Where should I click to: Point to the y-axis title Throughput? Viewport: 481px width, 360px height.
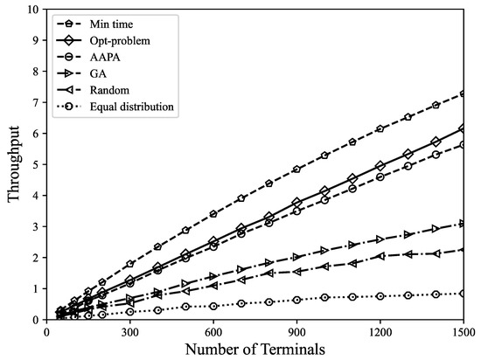coord(14,164)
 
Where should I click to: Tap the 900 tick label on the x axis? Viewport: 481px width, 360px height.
coord(296,332)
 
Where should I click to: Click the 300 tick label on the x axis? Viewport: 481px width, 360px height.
coord(129,332)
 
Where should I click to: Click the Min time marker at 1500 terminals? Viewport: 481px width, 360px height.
coord(464,93)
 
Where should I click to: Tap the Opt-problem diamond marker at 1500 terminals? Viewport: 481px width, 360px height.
coord(464,128)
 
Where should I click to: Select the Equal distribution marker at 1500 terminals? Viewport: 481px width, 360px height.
coord(464,294)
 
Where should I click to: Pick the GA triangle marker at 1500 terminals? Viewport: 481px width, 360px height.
coord(464,224)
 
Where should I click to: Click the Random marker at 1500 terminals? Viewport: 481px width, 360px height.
coord(464,250)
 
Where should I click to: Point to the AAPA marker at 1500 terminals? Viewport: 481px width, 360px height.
coord(464,145)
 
